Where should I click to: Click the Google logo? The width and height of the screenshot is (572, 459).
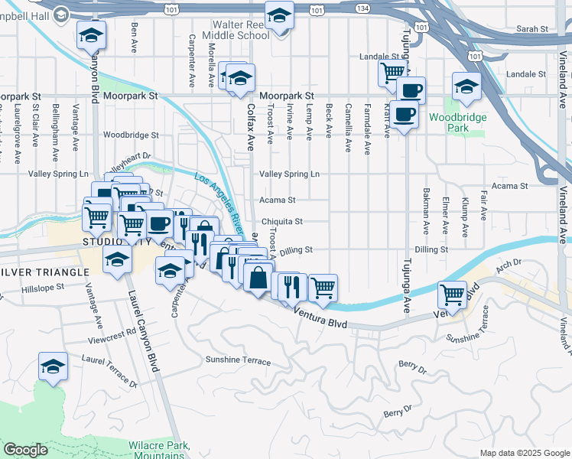(x=25, y=450)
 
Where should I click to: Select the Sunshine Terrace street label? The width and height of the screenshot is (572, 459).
(x=238, y=360)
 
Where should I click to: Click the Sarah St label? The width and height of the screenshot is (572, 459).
(x=533, y=28)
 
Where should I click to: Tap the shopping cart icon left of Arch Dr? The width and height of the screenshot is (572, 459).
(x=453, y=294)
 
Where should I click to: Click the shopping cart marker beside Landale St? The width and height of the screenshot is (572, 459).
(x=392, y=72)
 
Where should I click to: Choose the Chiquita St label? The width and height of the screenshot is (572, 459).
(x=282, y=222)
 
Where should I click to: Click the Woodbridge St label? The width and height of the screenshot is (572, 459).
(x=130, y=135)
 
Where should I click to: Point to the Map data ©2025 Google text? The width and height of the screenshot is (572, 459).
(x=524, y=453)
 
